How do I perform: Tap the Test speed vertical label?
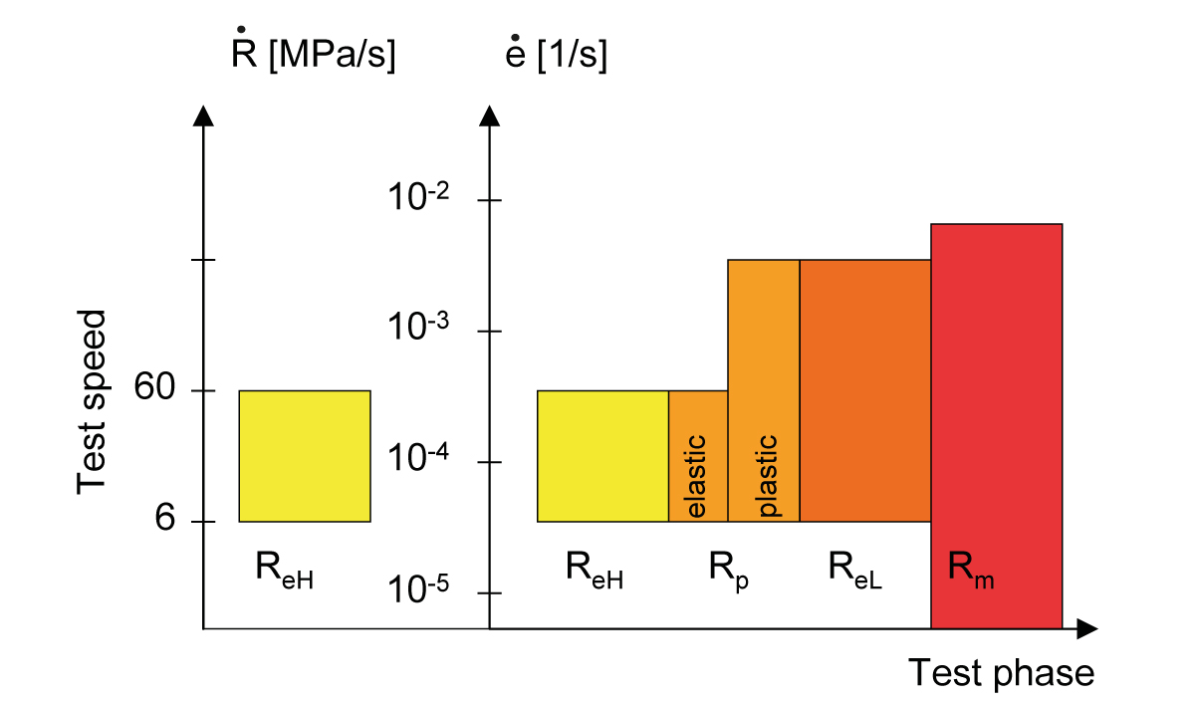92,401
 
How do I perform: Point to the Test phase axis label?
1001,673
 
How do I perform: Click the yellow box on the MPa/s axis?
304,456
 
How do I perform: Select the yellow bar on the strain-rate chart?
602,456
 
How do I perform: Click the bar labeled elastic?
697,456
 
